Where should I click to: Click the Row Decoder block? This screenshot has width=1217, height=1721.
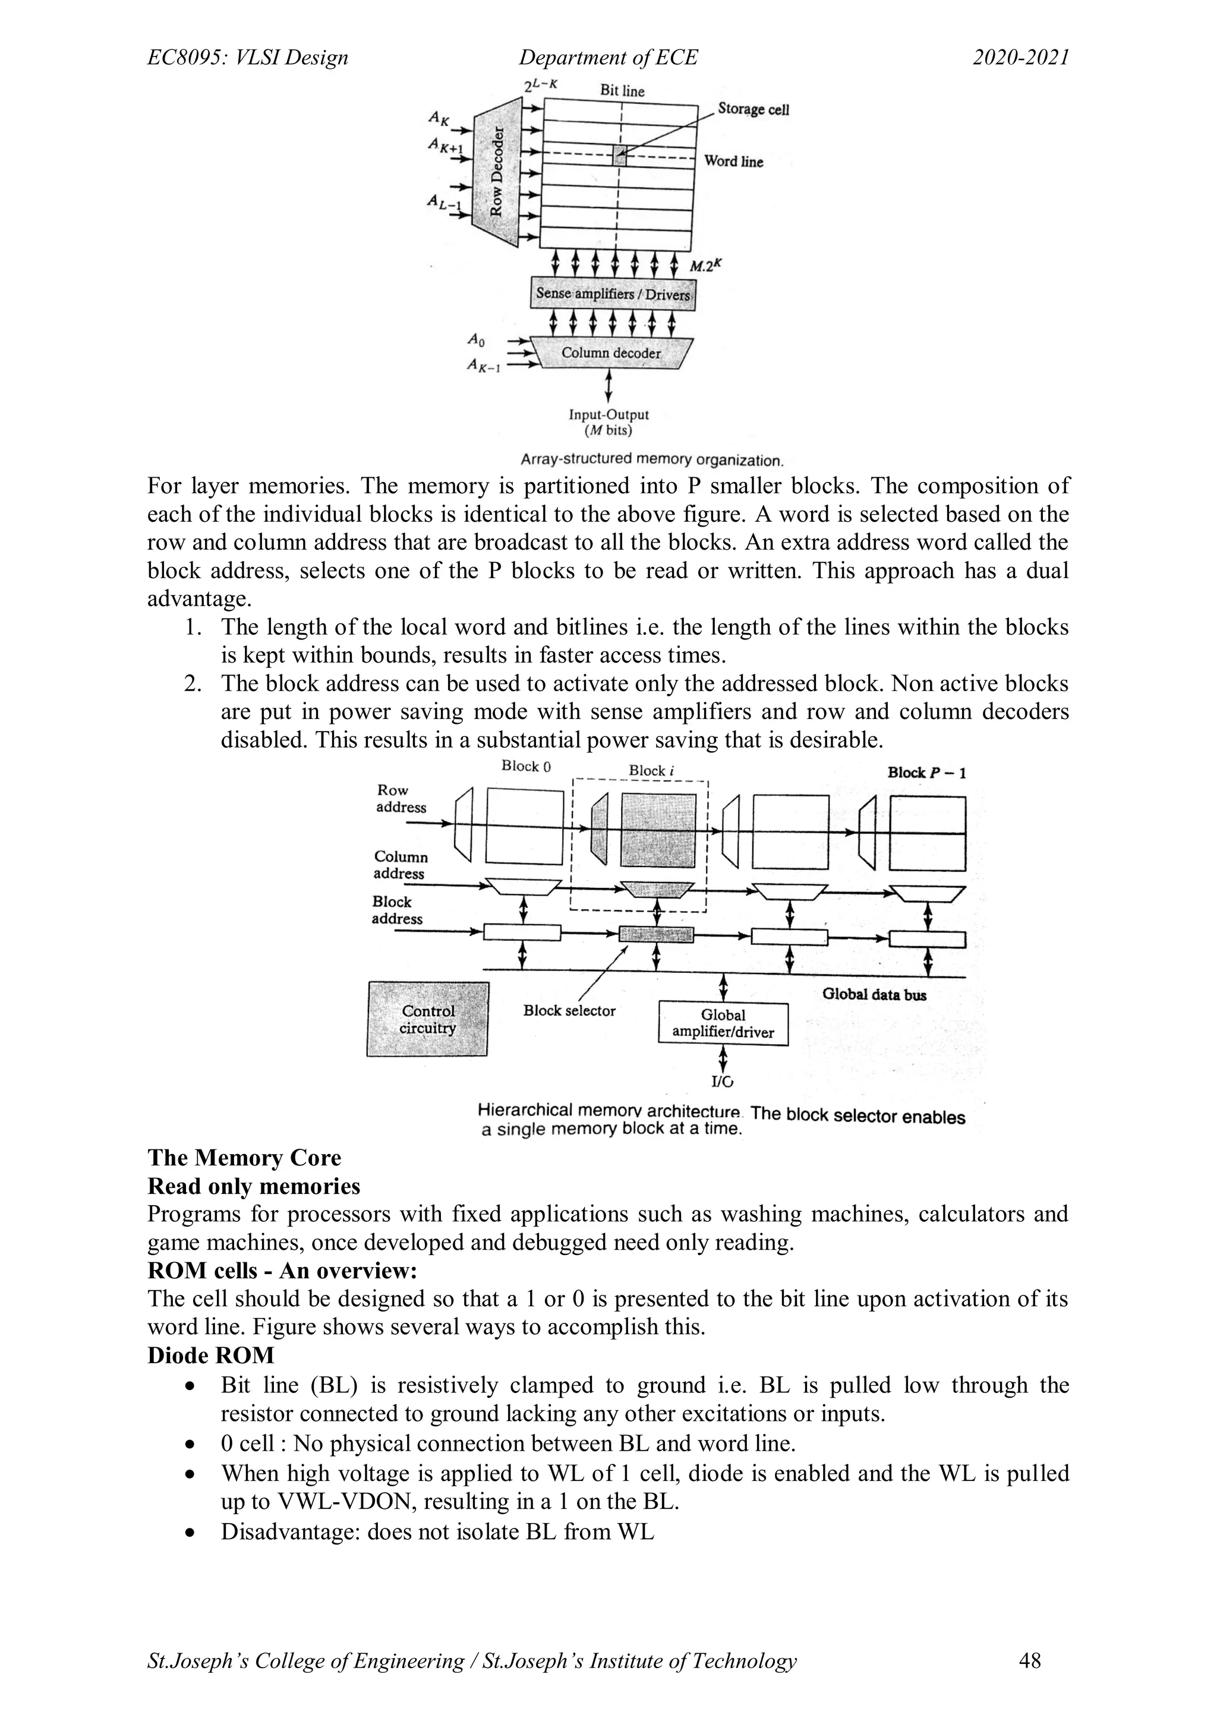(496, 172)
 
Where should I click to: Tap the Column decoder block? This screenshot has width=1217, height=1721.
(611, 353)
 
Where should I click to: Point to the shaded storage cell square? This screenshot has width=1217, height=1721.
(620, 156)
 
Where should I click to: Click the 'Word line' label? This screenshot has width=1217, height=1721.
(733, 162)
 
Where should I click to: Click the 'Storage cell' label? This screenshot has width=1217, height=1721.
(752, 109)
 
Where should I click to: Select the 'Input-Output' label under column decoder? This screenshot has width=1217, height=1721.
(608, 415)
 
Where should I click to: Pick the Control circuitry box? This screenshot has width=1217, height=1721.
(428, 1019)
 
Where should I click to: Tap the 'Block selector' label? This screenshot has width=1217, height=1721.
(569, 1010)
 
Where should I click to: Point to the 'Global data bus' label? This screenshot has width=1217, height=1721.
(874, 995)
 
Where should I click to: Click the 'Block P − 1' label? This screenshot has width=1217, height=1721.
(926, 773)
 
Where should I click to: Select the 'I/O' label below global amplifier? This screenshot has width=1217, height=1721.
(723, 1082)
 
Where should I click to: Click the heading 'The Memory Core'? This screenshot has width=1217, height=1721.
(244, 1158)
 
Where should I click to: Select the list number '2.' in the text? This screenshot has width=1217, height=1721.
(193, 683)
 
